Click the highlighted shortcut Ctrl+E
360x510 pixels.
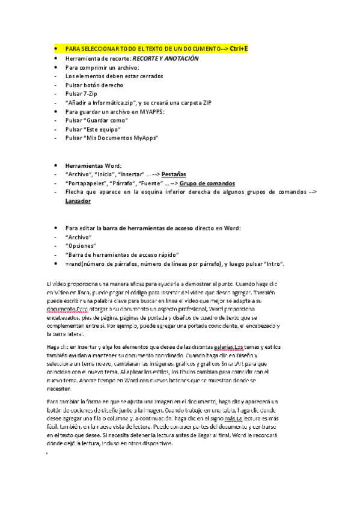pos(238,48)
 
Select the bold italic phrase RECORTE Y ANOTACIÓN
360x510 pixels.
pos(161,59)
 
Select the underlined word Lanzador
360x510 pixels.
pos(78,201)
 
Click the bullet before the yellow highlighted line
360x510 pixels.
pos(55,48)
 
